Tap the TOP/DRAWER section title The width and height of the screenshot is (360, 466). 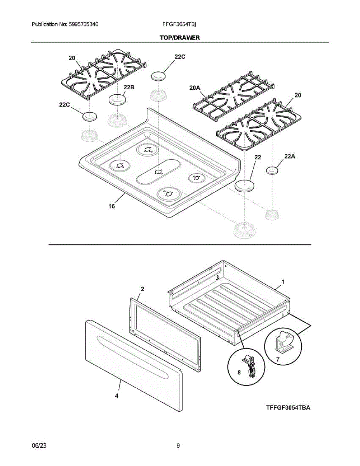179,38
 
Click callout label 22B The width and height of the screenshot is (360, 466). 129,88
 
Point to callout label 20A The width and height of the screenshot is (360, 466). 195,89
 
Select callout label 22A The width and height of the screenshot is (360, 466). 290,156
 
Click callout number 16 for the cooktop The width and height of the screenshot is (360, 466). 112,206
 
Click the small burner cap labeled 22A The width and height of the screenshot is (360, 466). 273,170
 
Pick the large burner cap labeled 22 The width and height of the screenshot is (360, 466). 244,186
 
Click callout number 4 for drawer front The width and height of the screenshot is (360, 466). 117,396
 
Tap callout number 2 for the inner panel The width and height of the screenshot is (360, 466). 143,289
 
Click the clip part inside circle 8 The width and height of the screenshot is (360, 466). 249,365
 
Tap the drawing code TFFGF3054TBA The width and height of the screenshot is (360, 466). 288,408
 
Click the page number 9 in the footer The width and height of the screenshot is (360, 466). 178,446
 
